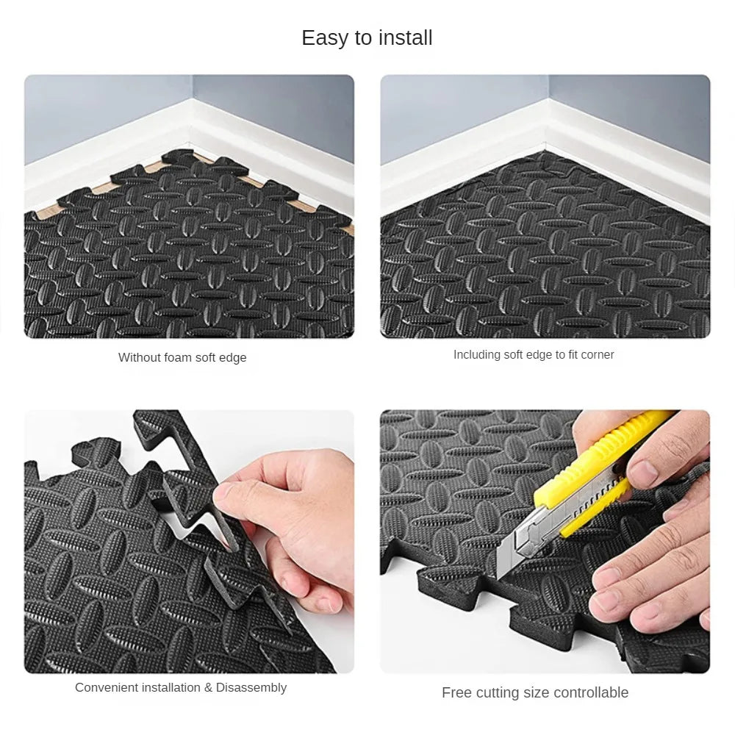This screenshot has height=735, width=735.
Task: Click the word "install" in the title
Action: (x=406, y=38)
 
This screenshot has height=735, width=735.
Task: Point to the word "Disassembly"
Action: (x=251, y=688)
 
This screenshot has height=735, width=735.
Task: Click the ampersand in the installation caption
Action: (x=208, y=688)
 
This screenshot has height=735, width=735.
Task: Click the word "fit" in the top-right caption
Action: (x=573, y=355)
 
